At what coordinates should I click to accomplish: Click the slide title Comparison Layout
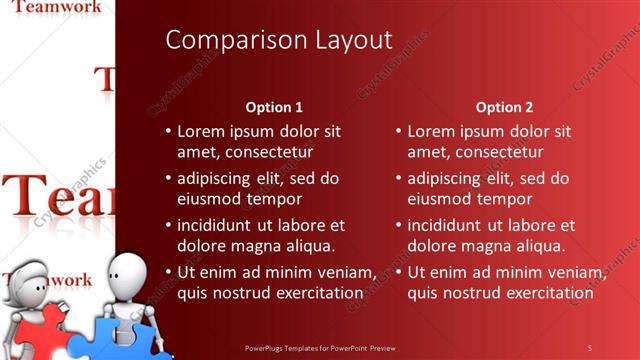pos(279,40)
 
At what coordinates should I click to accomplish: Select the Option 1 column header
pos(274,107)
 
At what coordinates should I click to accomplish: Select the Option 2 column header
pos(504,107)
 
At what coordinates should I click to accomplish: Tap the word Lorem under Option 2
pos(430,131)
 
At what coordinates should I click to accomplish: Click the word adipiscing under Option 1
pos(217,178)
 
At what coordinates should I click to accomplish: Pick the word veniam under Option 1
pos(346,272)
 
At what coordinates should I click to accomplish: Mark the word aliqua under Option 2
pos(537,246)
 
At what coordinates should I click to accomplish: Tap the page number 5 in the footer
pos(589,347)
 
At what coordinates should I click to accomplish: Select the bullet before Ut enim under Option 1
pos(167,272)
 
